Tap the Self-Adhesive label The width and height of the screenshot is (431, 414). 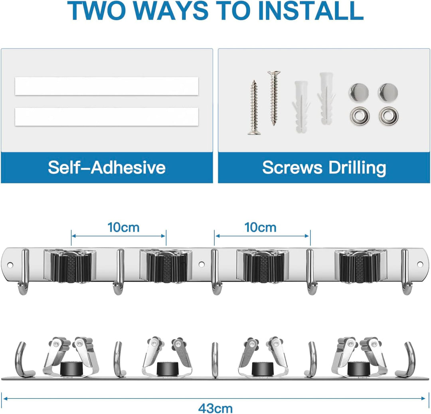pos(107,167)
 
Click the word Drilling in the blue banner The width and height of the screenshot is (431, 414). pos(357,168)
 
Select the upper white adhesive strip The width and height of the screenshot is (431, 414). pos(107,86)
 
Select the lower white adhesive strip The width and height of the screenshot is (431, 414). pos(107,117)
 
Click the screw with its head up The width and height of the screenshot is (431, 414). pos(273,98)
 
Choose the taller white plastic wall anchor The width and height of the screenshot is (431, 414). pos(326,99)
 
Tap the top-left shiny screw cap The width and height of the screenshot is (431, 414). pos(359,92)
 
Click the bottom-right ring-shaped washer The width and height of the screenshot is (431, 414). pos(388,116)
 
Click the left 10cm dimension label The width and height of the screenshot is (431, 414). pos(123,227)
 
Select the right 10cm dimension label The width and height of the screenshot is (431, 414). pos(260,227)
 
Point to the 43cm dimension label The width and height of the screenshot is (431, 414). pos(215,408)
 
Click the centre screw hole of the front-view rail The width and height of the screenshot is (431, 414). pos(202,264)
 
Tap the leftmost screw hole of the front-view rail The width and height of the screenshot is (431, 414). pos(10,265)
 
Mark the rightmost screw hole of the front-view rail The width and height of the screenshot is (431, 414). pos(420,264)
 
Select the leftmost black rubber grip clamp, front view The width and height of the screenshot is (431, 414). pos(70,266)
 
